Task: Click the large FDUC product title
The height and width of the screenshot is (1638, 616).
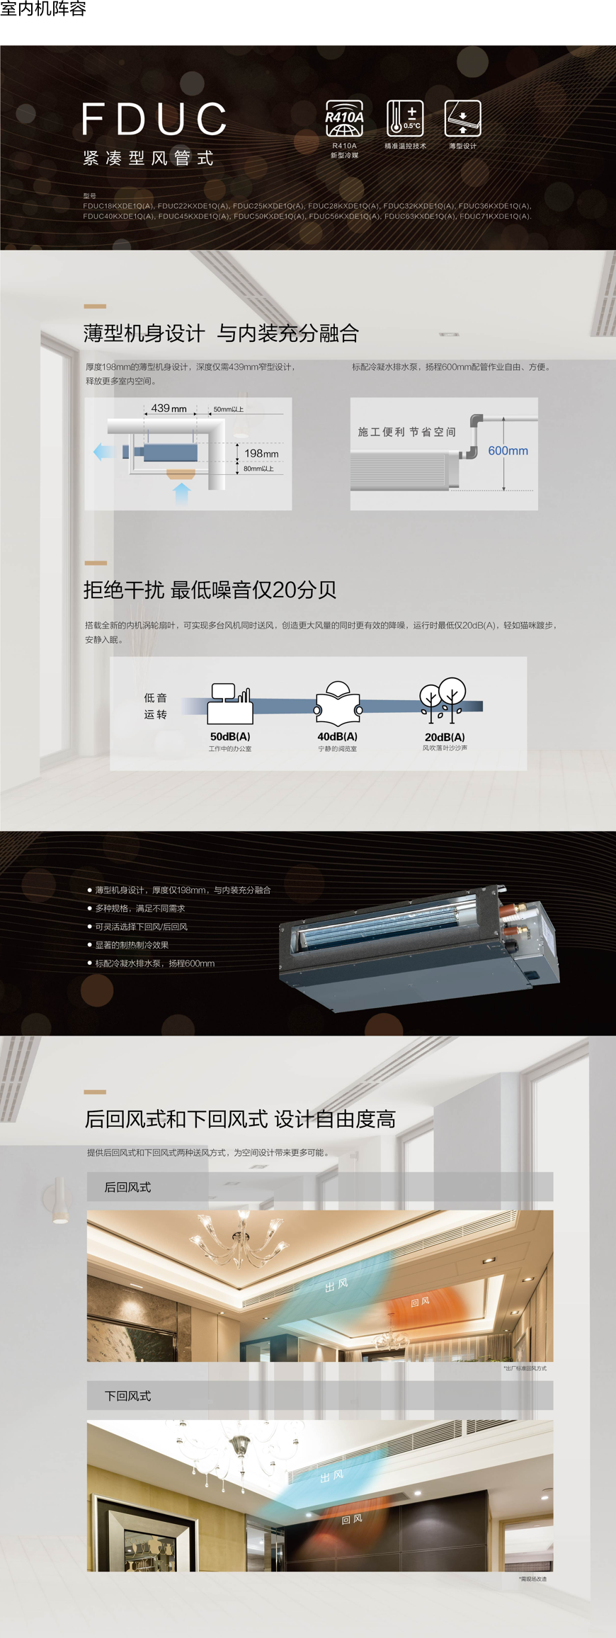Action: [x=154, y=118]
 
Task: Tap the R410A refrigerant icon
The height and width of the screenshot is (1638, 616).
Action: [x=344, y=118]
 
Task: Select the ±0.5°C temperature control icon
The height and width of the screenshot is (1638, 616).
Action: [x=405, y=118]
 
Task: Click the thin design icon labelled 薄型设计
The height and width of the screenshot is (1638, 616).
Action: [x=462, y=118]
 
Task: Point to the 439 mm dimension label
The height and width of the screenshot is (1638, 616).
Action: [x=169, y=408]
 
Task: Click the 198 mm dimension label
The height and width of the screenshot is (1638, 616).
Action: [x=261, y=453]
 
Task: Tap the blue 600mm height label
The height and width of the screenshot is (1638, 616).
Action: [x=508, y=451]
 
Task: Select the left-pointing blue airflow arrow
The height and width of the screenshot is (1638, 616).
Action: [x=103, y=452]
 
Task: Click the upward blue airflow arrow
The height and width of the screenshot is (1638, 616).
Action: [x=182, y=493]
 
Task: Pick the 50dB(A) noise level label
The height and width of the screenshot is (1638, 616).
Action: [x=230, y=736]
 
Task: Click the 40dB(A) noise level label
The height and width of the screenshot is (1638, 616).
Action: [x=337, y=736]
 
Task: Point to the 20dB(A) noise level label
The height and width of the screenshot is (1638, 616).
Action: [x=445, y=737]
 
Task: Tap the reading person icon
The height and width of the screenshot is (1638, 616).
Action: [x=338, y=704]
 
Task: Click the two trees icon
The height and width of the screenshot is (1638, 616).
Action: [x=443, y=700]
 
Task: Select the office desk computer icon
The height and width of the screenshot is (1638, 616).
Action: [x=230, y=704]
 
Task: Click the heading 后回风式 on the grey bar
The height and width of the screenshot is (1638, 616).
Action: [x=127, y=1187]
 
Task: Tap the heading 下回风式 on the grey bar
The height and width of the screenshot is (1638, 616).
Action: [x=127, y=1396]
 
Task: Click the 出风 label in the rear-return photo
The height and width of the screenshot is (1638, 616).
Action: [x=336, y=1285]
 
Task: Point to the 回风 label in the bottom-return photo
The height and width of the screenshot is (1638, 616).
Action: [x=352, y=1519]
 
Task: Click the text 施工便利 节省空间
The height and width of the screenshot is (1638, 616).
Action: [x=406, y=432]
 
